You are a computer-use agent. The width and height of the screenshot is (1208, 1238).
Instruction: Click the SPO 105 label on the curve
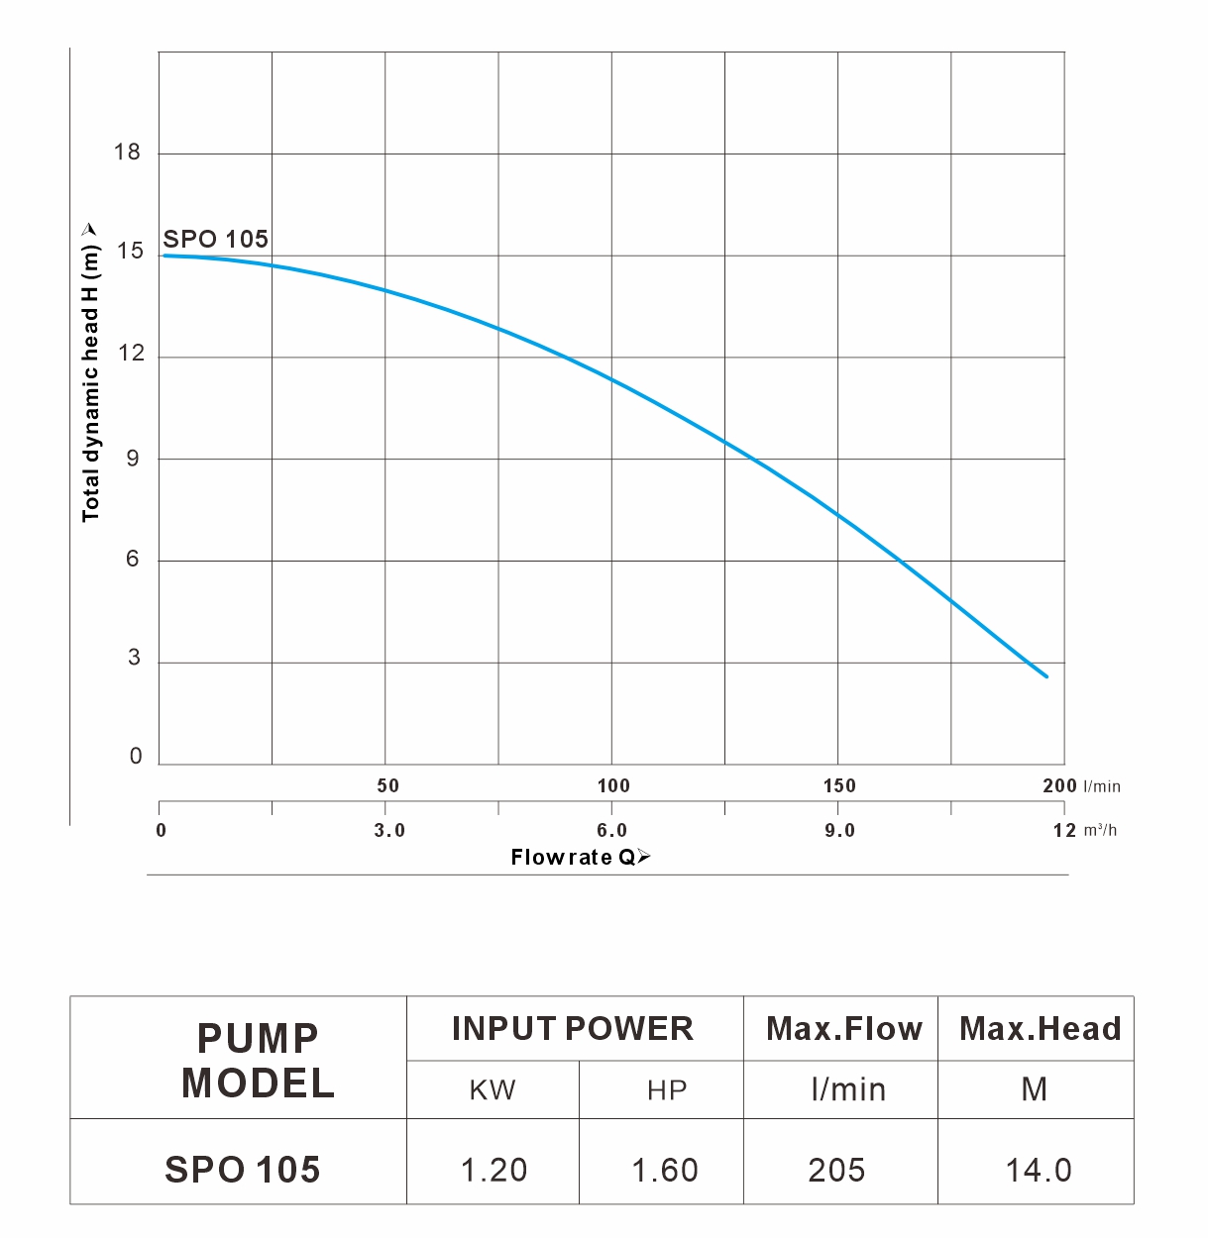(x=215, y=239)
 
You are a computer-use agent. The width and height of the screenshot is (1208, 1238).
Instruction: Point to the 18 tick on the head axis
(x=128, y=153)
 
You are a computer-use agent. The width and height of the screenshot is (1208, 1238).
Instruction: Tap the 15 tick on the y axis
(x=130, y=252)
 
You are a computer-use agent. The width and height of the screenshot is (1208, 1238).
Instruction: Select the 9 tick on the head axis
(x=134, y=459)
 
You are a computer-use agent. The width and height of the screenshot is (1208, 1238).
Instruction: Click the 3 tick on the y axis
(x=135, y=658)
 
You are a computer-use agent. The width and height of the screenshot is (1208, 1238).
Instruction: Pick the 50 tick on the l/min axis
(x=387, y=786)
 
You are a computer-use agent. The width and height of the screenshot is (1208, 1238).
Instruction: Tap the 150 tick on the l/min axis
(x=839, y=786)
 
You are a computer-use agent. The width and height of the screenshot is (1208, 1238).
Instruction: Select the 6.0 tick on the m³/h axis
(x=612, y=831)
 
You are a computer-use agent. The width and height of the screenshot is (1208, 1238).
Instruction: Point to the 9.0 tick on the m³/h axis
(x=839, y=831)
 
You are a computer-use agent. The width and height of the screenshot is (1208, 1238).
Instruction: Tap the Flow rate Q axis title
(x=581, y=858)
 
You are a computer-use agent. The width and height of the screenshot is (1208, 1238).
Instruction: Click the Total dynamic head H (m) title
(x=91, y=371)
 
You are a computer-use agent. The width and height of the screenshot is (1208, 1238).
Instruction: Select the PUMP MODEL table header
(x=258, y=1060)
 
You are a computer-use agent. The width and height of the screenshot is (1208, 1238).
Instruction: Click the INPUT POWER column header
(x=573, y=1029)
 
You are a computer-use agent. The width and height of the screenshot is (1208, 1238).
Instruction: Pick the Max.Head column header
(x=1040, y=1029)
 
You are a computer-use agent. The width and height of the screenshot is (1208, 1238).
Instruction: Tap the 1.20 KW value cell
(x=494, y=1170)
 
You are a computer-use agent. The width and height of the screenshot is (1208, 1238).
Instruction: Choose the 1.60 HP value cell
(x=665, y=1170)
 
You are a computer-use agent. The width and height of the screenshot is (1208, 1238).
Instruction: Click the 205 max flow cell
(x=836, y=1170)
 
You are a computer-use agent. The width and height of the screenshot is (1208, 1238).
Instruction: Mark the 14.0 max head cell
(x=1038, y=1170)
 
